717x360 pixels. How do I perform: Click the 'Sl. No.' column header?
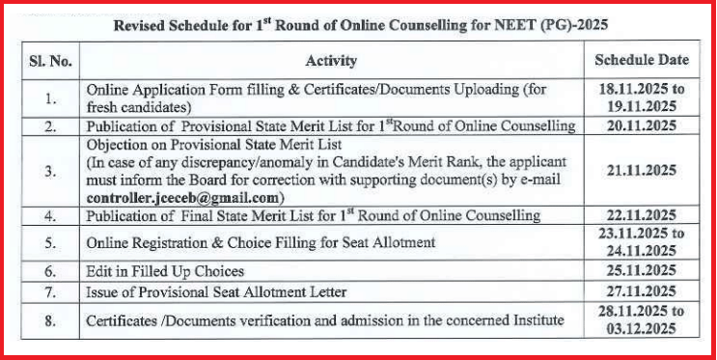[49, 60]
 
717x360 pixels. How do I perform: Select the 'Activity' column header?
[331, 61]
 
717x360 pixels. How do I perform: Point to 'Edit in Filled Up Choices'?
[165, 271]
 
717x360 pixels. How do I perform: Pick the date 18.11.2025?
[642, 89]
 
